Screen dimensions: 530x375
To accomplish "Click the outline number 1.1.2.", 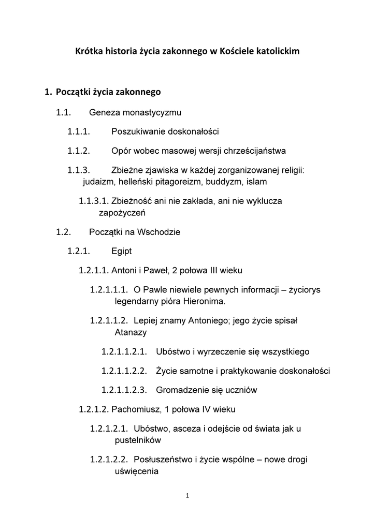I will click(79, 151).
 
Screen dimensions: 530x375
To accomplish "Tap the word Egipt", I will click(122, 251).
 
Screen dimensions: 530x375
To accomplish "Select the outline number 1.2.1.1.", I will click(94, 270).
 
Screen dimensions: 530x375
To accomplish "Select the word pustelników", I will click(138, 440).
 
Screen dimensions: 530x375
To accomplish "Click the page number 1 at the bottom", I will click(187, 496).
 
